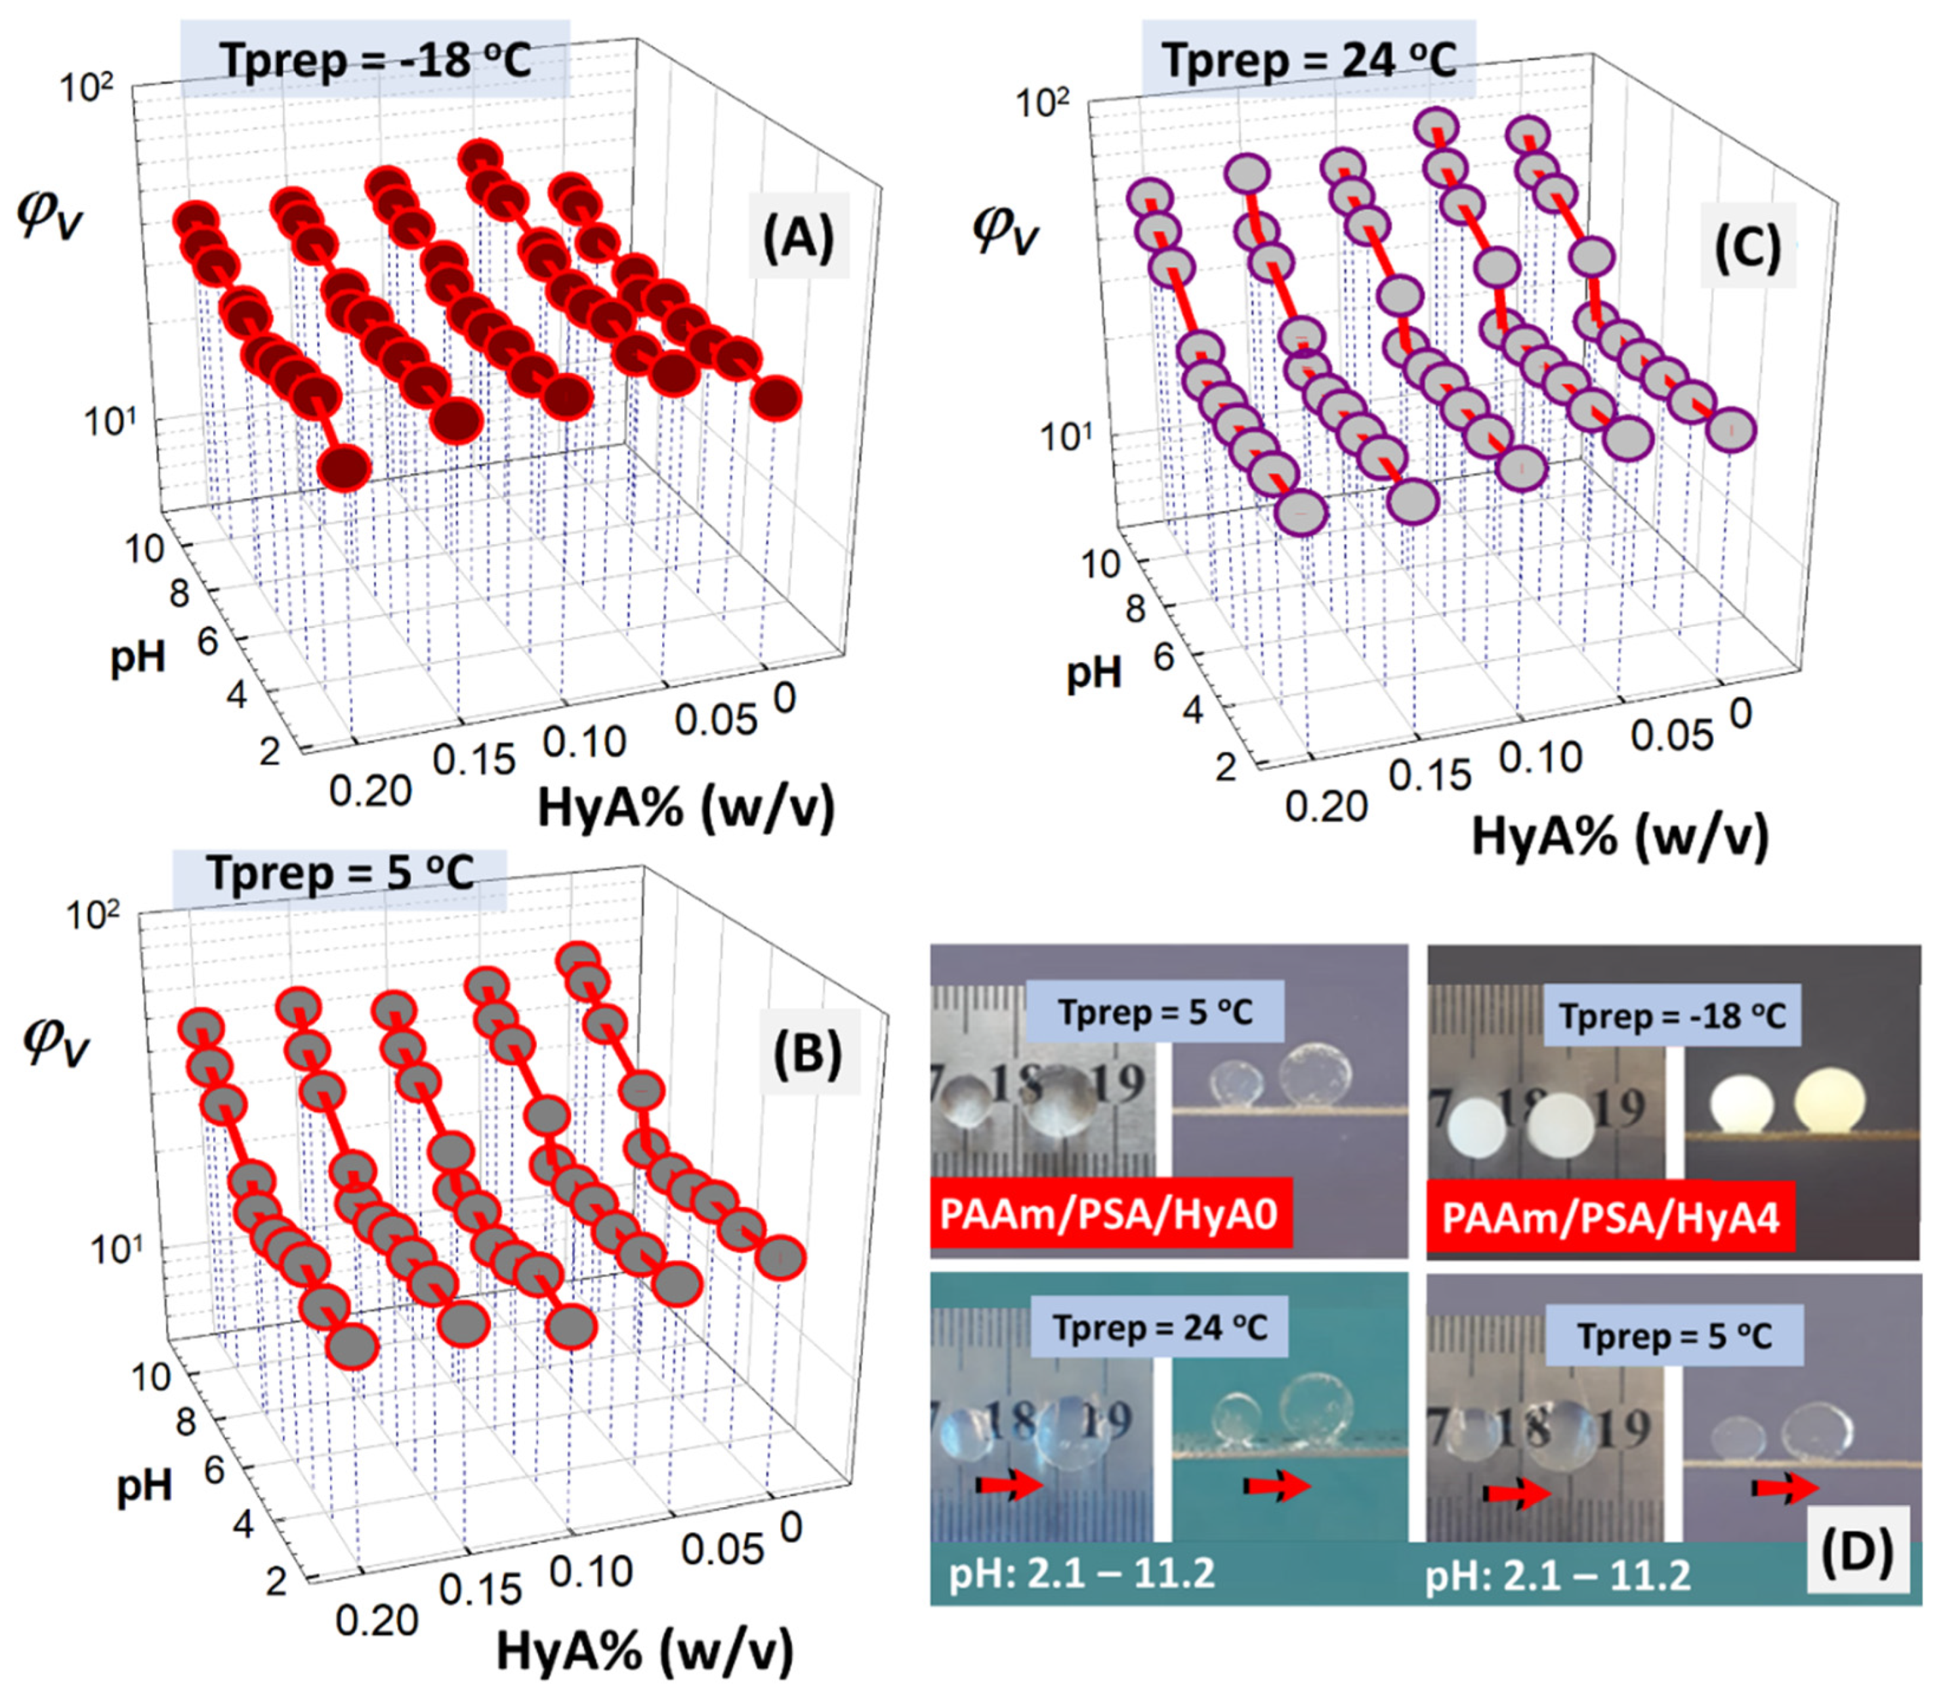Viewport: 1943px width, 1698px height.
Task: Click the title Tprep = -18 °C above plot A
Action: pyautogui.click(x=375, y=60)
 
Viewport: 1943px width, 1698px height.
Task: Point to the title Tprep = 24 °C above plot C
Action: pyautogui.click(x=1309, y=60)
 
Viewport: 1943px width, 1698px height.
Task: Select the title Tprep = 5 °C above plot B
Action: pyautogui.click(x=339, y=873)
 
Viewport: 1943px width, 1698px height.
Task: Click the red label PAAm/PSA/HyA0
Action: pyautogui.click(x=1110, y=1214)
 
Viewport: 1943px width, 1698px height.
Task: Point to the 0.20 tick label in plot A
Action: pyautogui.click(x=370, y=790)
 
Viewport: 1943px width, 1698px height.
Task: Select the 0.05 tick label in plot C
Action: pyautogui.click(x=1672, y=734)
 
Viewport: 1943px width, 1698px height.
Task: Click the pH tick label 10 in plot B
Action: pyautogui.click(x=150, y=1375)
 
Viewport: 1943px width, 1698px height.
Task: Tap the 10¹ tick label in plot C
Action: pyautogui.click(x=1065, y=437)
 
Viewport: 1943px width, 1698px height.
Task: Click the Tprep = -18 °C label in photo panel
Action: pyautogui.click(x=1672, y=1017)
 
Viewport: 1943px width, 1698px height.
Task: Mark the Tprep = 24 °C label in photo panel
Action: pyautogui.click(x=1161, y=1328)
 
